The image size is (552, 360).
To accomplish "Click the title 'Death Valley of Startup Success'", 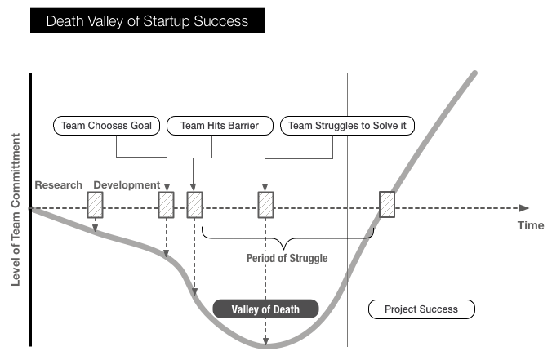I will (147, 21).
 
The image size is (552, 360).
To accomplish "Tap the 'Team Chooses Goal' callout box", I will (105, 126).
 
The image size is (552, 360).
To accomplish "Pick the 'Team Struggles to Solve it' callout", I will (348, 126).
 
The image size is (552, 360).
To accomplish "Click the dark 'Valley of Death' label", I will (265, 309).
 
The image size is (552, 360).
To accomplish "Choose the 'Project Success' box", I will (421, 309).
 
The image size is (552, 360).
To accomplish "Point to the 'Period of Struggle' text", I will (287, 259).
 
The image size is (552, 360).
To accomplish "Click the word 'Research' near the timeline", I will (58, 185).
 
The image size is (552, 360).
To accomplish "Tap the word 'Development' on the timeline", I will (126, 185).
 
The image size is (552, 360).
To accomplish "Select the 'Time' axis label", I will (530, 225).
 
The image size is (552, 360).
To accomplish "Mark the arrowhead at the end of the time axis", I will (523, 208).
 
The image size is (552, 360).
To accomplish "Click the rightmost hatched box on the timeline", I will (387, 204).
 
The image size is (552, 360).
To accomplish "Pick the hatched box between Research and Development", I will (96, 204).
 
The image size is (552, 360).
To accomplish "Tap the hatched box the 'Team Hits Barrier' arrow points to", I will (194, 204).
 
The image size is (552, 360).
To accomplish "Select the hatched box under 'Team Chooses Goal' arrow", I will (166, 204).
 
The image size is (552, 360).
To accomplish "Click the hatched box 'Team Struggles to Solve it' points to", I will (265, 204).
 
